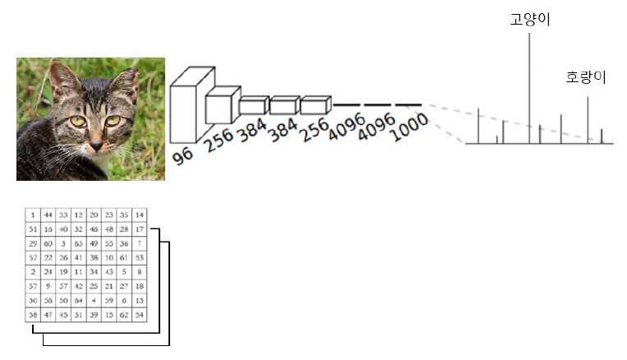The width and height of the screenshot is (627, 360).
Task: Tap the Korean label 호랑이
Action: [586, 79]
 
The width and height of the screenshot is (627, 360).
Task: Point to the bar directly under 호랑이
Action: [588, 120]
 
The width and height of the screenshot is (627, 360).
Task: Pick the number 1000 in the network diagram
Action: [411, 126]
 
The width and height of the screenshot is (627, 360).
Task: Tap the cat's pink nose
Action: [96, 145]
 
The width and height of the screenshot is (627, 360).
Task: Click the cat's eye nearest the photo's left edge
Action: [79, 121]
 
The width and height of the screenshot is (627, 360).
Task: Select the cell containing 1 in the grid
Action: [33, 215]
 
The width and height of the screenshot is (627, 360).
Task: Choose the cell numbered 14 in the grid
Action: [140, 215]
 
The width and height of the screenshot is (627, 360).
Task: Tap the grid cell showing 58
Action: [33, 315]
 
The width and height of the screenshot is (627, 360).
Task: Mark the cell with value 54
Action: [140, 315]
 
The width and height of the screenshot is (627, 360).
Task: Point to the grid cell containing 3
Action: [63, 244]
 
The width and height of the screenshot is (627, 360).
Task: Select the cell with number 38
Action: [94, 257]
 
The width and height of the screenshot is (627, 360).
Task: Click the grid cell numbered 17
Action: [140, 228]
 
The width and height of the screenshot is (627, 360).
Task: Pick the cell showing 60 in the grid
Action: [48, 244]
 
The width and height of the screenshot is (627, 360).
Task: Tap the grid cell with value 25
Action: [94, 286]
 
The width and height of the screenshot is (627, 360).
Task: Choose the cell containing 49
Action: [94, 244]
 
